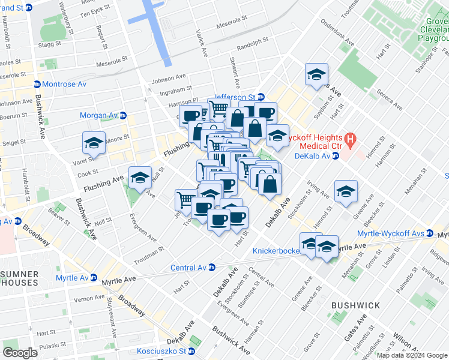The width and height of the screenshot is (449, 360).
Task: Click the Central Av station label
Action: (189, 268)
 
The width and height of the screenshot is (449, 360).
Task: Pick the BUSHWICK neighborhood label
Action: (355, 305)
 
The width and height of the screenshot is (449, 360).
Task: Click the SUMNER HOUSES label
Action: (20, 279)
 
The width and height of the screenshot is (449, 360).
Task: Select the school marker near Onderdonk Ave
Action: (316, 75)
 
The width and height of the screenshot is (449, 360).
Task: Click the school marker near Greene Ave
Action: (346, 191)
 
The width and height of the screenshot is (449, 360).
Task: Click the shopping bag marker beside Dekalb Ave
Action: (270, 183)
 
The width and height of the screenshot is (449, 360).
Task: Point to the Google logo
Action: (20, 352)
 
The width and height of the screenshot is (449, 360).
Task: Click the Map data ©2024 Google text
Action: (411, 355)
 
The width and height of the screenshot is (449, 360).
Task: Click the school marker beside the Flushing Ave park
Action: (140, 178)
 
